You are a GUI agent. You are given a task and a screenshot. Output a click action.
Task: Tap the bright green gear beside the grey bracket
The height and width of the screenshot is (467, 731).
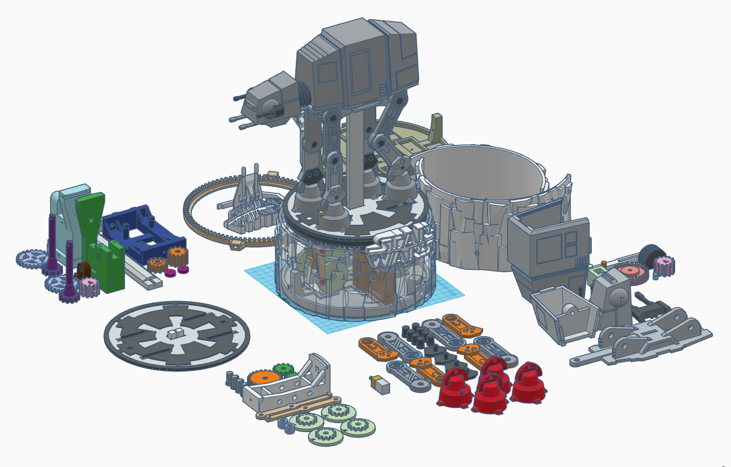coord(283,370)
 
